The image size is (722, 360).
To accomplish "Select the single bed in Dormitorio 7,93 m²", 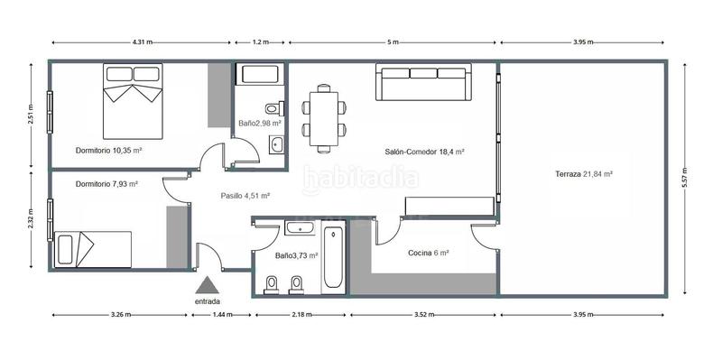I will pos(93,248).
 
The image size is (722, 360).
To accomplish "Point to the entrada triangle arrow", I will pos(208,284).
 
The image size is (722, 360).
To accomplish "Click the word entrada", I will pos(208,301).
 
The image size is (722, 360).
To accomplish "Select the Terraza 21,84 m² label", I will pos(585,173).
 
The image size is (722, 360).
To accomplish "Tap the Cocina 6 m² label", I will pos(428,254).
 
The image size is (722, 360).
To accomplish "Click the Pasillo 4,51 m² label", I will pos(245,194).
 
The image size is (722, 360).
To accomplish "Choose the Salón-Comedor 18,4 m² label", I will pos(423,152).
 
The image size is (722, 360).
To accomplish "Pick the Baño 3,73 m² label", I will pos(297,255).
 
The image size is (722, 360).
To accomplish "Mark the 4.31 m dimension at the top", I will pos(143,42).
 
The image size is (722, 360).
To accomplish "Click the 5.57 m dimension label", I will pos(686,177).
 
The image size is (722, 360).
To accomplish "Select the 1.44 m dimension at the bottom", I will pos(221,315).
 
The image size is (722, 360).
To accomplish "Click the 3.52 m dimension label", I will pos(424,315).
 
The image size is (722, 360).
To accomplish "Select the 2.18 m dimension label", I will pos(302,315).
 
